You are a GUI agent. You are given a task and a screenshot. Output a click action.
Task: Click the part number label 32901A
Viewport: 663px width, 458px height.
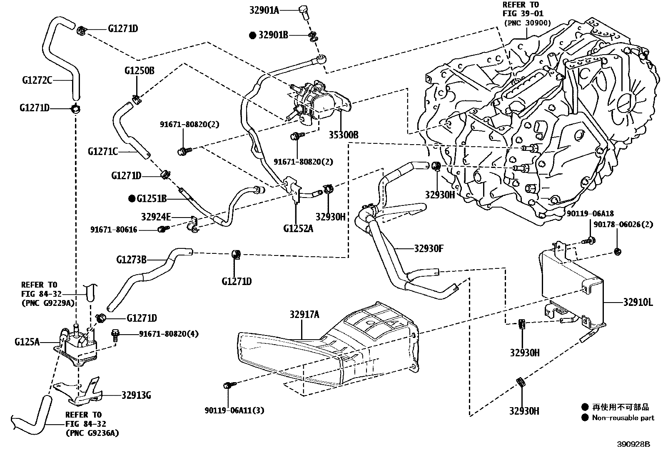coord(264,10)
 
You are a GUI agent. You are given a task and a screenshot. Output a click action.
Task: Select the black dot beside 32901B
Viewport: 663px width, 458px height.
coord(252,35)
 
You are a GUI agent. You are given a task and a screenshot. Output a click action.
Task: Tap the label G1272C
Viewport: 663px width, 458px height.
coord(37,80)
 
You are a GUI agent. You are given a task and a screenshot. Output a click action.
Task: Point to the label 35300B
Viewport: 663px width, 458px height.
coord(344,135)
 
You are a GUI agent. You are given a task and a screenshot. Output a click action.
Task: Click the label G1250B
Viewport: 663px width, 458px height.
coord(140,71)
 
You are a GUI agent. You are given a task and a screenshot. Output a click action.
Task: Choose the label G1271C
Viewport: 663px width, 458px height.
coord(103,152)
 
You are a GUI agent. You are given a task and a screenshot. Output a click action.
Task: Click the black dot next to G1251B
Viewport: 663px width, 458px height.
coord(132,198)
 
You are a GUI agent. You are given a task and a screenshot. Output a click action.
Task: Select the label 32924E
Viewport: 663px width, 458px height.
coord(156,217)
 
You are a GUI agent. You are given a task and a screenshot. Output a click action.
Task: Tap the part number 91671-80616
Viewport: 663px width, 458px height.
coord(114,230)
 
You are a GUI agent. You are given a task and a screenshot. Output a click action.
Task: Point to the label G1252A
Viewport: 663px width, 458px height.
coord(298,228)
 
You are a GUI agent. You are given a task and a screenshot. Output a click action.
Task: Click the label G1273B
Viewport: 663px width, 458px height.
coord(131,260)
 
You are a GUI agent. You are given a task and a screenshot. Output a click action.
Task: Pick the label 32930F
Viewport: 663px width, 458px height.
coord(429,248)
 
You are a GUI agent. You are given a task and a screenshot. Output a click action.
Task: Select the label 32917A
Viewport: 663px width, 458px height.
coord(304,314)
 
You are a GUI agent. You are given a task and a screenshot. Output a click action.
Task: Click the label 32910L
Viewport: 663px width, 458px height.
coord(638,303)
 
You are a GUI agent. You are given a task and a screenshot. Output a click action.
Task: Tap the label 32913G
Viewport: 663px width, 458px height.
coord(137,395)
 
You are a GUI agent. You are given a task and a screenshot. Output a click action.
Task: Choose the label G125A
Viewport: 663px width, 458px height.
coord(27,342)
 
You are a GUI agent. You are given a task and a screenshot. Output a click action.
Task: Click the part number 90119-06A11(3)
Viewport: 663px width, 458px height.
coord(234,410)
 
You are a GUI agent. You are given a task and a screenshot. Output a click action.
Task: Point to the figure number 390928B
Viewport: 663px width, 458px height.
coord(634,444)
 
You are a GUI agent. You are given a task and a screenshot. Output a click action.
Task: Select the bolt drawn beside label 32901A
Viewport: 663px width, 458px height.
coord(304,12)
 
